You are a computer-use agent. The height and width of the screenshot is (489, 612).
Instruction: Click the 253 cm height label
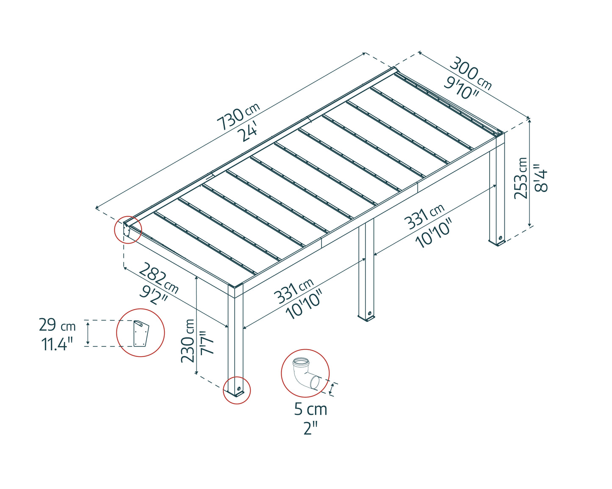coord(521,178)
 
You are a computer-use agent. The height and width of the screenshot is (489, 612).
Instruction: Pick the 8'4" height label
coord(540,178)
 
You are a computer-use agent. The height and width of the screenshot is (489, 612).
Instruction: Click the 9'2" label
coord(154,296)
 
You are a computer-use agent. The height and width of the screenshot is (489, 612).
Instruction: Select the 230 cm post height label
coord(188,341)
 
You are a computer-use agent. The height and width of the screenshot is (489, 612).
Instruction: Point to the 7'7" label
coord(207,342)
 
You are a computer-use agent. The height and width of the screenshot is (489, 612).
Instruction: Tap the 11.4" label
coord(58,345)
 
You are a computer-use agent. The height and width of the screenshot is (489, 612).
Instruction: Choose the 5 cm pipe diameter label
coord(310,409)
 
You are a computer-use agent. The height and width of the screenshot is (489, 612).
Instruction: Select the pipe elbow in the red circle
coord(306,374)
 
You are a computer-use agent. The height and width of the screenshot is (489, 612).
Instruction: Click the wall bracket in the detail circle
coord(141,333)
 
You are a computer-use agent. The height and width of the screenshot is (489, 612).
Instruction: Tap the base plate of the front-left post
coord(235,393)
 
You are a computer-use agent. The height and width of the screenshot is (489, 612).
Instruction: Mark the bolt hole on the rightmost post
coord(500,238)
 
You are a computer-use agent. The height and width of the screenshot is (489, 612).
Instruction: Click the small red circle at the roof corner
coord(127,230)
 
